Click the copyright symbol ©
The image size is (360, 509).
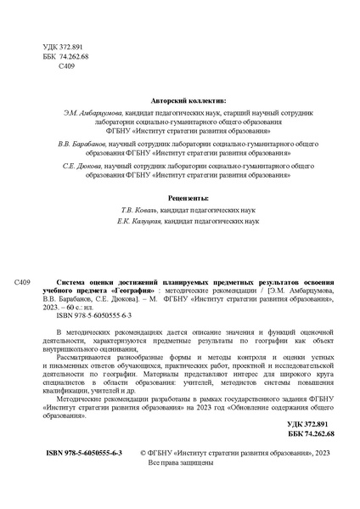pos(143,455)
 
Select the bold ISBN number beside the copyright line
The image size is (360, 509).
pos(84,455)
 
